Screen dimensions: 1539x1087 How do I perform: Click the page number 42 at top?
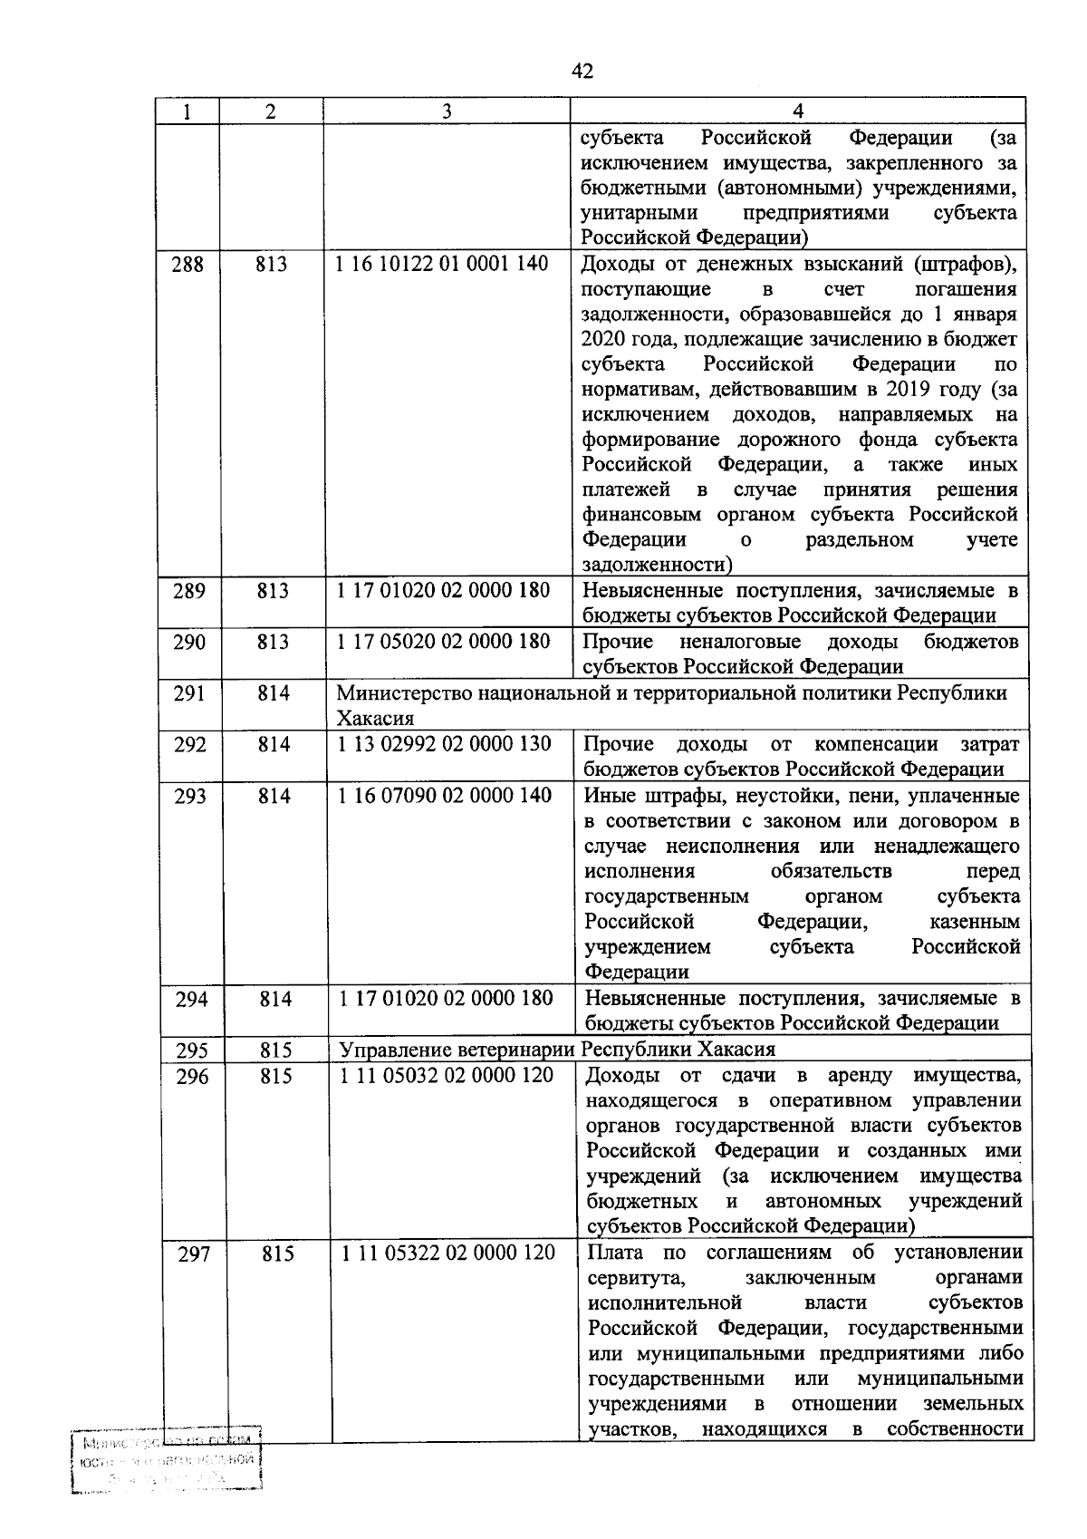tap(583, 71)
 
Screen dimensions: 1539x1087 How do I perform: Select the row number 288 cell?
tap(188, 265)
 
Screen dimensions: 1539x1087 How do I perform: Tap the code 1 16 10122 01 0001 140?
tap(442, 265)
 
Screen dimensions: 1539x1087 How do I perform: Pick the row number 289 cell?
tap(188, 591)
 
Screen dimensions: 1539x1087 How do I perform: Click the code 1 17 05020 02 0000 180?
tap(444, 642)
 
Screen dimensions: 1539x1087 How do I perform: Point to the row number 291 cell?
tap(188, 693)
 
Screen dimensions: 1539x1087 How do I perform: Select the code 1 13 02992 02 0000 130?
tap(444, 744)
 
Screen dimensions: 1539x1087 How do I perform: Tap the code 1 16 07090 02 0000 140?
tap(445, 796)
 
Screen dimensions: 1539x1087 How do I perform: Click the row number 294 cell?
tap(190, 999)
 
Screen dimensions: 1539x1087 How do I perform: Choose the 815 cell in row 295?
tap(275, 1050)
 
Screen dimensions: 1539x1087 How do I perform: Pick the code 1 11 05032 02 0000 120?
tap(447, 1076)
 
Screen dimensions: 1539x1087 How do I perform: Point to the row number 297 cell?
tap(193, 1255)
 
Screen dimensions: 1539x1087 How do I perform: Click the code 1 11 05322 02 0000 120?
tap(448, 1253)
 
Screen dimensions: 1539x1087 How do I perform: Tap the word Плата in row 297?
tap(615, 1253)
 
